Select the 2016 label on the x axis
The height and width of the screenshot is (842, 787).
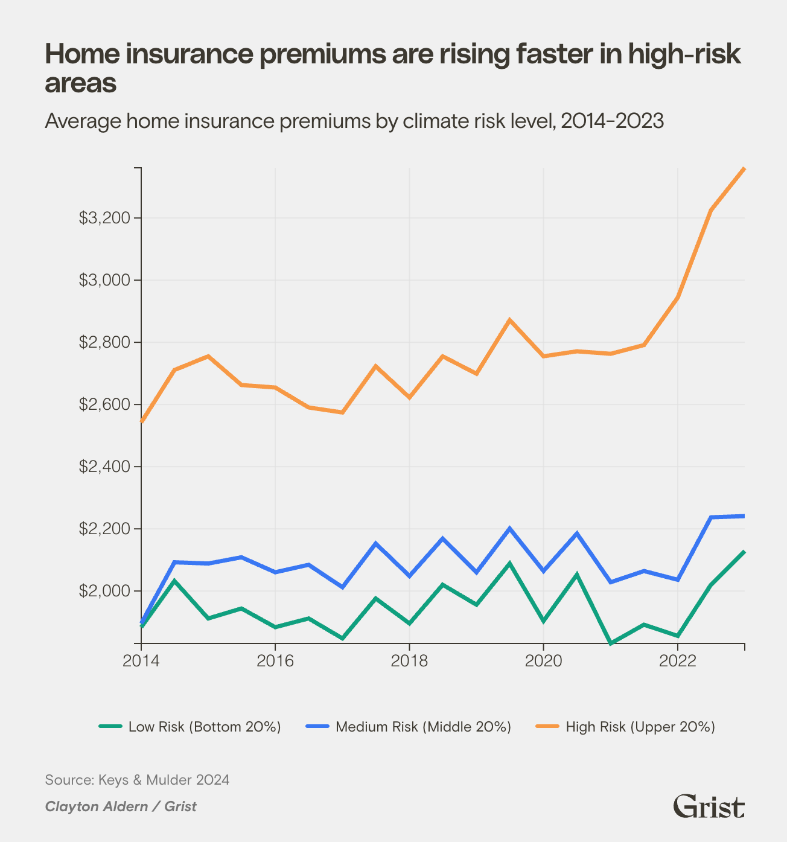pyautogui.click(x=275, y=661)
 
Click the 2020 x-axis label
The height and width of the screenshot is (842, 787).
pyautogui.click(x=543, y=661)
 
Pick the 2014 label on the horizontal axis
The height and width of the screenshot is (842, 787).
pyautogui.click(x=141, y=661)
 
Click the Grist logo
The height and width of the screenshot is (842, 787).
pyautogui.click(x=709, y=806)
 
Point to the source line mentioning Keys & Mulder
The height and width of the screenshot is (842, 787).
pyautogui.click(x=137, y=780)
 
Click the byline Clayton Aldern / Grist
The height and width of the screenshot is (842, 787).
pyautogui.click(x=121, y=806)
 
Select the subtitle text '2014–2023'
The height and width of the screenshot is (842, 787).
pyautogui.click(x=612, y=121)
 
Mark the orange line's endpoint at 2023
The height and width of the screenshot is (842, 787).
pyautogui.click(x=744, y=169)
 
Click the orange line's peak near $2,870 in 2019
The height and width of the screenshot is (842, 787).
pyautogui.click(x=510, y=320)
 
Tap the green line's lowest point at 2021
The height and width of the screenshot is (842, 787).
pyautogui.click(x=610, y=643)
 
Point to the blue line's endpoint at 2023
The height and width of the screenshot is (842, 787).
pyautogui.click(x=744, y=516)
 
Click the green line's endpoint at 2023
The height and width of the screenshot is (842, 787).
pyautogui.click(x=744, y=552)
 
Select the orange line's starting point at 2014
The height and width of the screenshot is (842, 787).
pyautogui.click(x=141, y=421)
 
